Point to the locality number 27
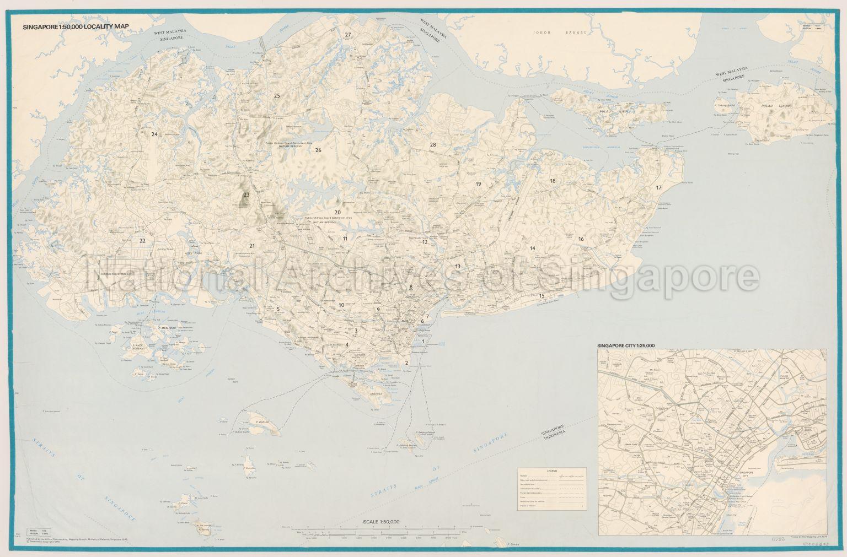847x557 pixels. point(348,35)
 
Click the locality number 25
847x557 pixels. point(277,96)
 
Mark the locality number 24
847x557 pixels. point(154,134)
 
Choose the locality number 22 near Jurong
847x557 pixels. point(142,240)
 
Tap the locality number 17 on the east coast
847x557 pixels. point(658,188)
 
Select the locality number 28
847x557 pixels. point(433,144)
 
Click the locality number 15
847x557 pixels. point(542,295)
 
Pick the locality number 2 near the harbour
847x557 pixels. point(406,363)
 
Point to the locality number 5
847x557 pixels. point(278,309)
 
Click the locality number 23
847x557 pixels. point(246,194)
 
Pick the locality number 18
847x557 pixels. point(552,181)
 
